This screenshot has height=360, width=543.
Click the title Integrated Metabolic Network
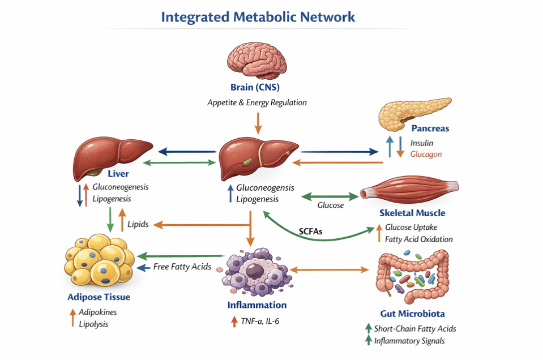pyautogui.click(x=258, y=16)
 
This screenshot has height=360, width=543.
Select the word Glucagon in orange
pyautogui.click(x=426, y=154)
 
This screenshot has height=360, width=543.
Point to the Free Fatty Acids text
pyautogui.click(x=182, y=266)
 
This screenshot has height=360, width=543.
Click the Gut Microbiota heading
pyautogui.click(x=412, y=314)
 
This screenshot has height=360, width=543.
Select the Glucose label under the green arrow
pyautogui.click(x=330, y=205)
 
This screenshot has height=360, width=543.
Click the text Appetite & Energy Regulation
pyautogui.click(x=257, y=102)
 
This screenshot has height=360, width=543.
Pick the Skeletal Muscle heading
pyautogui.click(x=412, y=213)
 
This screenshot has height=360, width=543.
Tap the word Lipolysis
pyautogui.click(x=93, y=324)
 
